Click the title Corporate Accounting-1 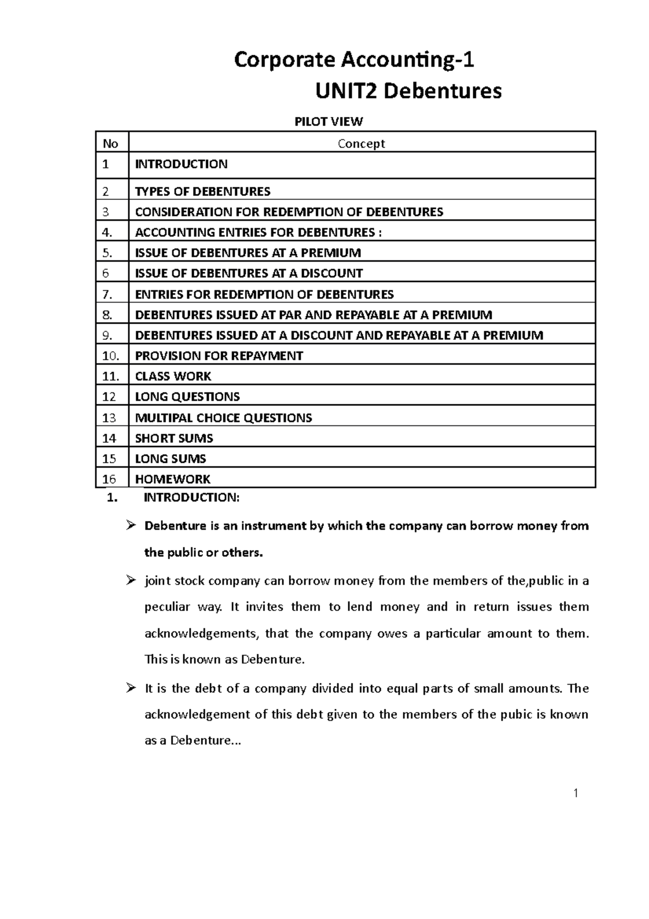(354, 60)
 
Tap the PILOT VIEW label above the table (328, 121)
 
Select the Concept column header (361, 143)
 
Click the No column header (110, 143)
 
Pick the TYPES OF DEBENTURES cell (202, 192)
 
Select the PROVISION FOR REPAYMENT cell (218, 356)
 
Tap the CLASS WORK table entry (173, 376)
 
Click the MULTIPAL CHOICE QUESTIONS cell (223, 418)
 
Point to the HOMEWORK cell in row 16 (173, 479)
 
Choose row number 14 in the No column (109, 438)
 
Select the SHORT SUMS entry (174, 438)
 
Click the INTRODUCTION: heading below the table (191, 498)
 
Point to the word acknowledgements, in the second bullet (202, 634)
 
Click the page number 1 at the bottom (576, 794)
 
